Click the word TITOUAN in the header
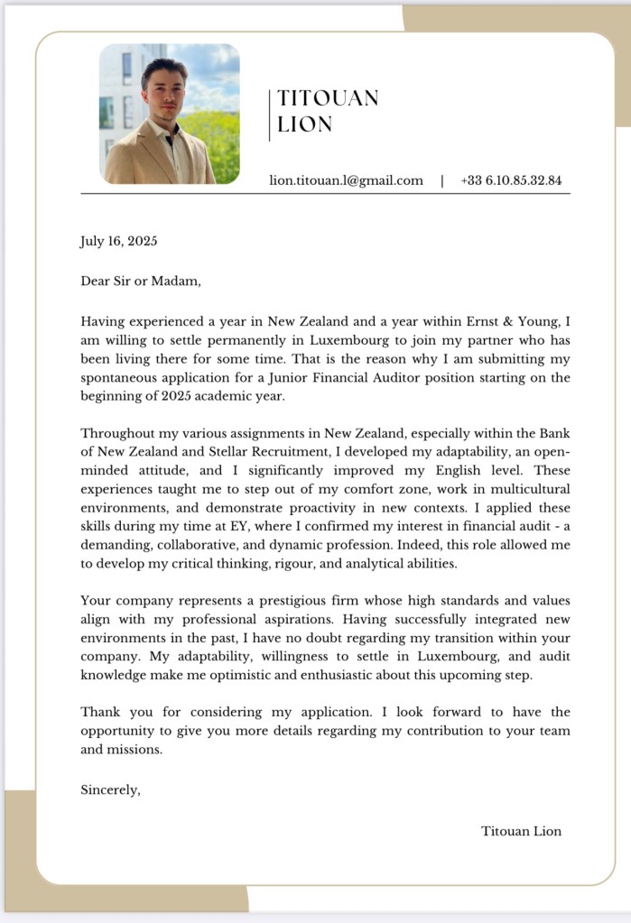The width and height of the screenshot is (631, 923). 328,97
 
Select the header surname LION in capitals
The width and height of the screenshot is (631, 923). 305,125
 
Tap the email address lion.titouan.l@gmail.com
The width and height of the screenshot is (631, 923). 346,180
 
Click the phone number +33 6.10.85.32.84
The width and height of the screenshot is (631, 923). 511,180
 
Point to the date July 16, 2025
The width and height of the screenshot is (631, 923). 119,241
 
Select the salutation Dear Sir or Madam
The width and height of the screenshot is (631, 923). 141,281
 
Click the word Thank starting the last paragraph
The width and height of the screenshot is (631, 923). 100,713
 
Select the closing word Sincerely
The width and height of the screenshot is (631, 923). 110,789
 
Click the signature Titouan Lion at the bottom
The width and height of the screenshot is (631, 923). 521,831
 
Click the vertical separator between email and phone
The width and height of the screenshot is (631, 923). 442,180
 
